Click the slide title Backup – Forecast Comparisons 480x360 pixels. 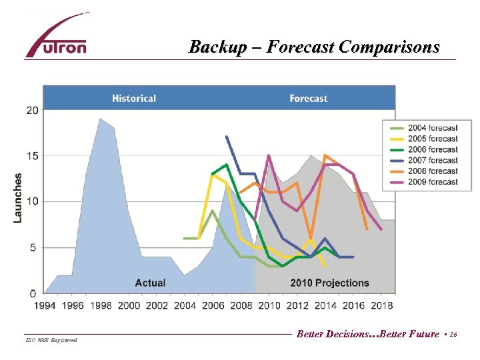(x=314, y=47)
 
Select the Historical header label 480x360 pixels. (x=134, y=99)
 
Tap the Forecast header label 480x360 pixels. (x=308, y=99)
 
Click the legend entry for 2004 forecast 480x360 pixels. (x=432, y=128)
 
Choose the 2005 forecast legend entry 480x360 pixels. (x=432, y=139)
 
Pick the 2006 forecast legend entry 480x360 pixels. (x=432, y=149)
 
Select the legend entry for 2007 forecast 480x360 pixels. (x=432, y=160)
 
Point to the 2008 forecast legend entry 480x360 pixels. (x=432, y=171)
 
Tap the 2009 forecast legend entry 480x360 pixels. (x=432, y=181)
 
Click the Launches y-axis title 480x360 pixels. (x=18, y=198)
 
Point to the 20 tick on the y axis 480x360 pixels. (x=32, y=110)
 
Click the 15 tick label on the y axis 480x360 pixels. (x=32, y=156)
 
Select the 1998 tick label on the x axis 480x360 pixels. (x=101, y=305)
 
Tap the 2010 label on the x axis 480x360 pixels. (x=269, y=305)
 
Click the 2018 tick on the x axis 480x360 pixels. (x=381, y=305)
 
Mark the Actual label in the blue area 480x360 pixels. (x=150, y=283)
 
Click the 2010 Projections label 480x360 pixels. (x=329, y=283)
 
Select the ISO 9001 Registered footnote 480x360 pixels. (x=51, y=341)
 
